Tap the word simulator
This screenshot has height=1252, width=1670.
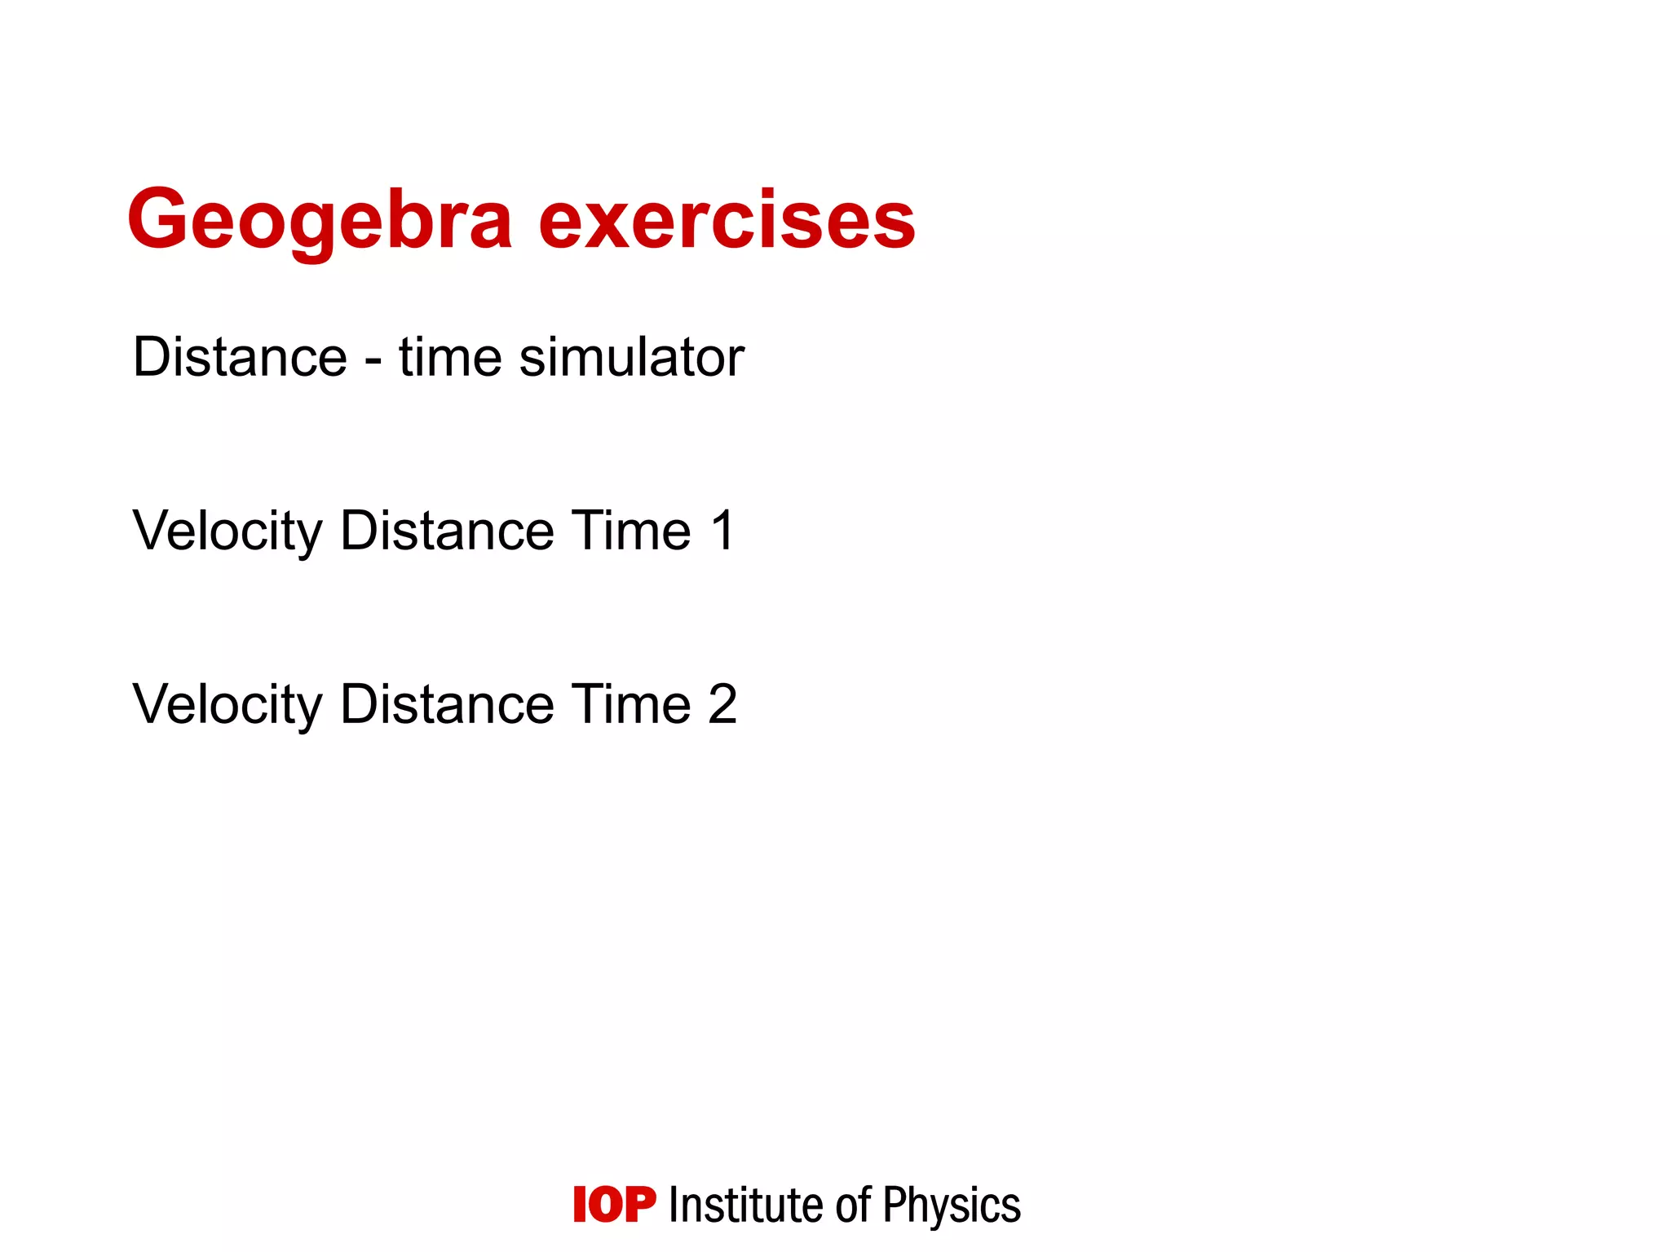click(631, 358)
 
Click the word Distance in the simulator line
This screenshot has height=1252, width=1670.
click(240, 358)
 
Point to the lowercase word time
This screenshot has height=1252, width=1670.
click(449, 358)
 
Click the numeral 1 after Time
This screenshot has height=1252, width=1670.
click(723, 531)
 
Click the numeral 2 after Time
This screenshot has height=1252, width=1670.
click(722, 705)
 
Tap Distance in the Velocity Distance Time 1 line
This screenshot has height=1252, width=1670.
click(447, 531)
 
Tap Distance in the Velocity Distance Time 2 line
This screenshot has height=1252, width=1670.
click(447, 705)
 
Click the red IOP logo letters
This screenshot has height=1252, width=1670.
click(614, 1206)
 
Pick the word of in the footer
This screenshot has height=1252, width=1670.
click(854, 1206)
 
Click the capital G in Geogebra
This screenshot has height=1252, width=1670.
click(158, 220)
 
